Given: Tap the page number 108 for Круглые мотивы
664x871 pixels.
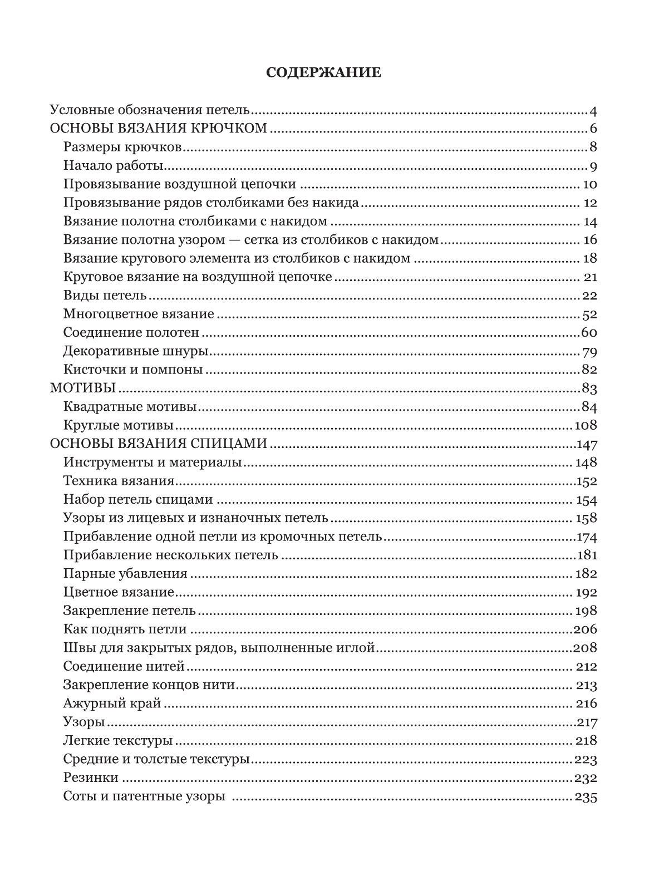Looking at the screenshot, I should click(585, 425).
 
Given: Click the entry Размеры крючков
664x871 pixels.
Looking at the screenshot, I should click(123, 147).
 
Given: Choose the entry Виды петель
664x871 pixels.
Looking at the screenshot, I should click(105, 296).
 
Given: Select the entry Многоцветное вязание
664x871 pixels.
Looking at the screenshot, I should click(139, 314).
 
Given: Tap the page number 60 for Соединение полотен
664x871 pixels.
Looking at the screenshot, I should click(589, 333).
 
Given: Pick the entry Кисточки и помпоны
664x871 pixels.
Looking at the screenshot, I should click(132, 370).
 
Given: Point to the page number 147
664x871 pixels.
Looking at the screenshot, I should click(585, 444).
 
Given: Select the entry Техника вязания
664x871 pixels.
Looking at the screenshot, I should click(119, 481).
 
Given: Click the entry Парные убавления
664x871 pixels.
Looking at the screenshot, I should click(125, 574).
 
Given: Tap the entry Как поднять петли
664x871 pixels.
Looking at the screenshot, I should click(125, 629).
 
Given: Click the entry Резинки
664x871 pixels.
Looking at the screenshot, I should click(91, 778).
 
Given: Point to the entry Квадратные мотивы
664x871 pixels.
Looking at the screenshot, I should click(130, 407).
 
